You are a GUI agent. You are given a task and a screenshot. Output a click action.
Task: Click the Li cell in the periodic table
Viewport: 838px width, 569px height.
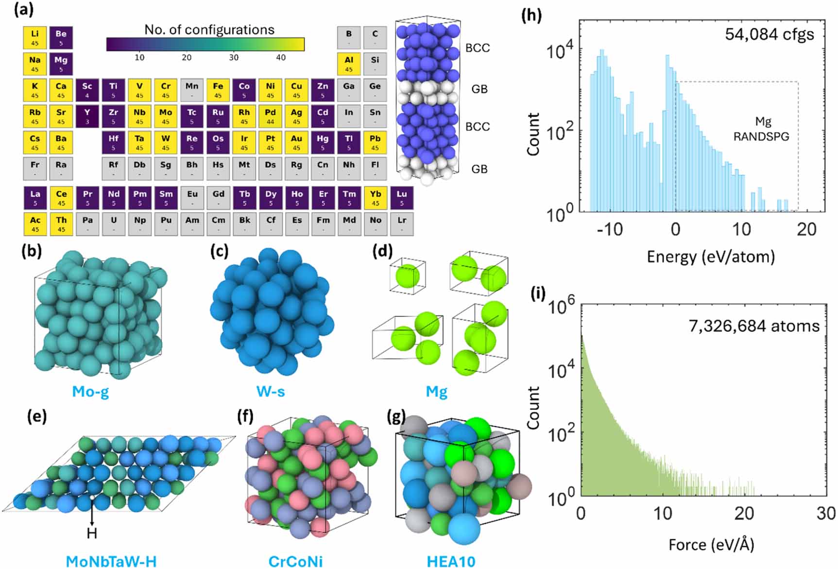[x=35, y=37]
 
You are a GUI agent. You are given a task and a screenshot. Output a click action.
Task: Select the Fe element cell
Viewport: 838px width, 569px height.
[x=218, y=90]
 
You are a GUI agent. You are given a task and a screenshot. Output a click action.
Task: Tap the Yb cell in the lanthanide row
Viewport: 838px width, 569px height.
[x=376, y=198]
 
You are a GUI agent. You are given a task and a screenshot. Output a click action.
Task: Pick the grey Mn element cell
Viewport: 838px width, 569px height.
[x=192, y=90]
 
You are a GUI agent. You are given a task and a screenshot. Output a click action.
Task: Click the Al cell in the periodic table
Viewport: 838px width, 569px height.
[x=349, y=64]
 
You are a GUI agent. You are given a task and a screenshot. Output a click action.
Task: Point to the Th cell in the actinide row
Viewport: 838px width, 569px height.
[x=61, y=224]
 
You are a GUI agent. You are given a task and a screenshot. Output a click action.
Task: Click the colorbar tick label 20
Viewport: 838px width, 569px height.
[x=187, y=58]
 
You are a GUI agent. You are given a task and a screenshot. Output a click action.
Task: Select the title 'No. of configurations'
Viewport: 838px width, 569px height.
[x=209, y=30]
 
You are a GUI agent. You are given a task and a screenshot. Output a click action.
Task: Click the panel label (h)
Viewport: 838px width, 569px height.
[x=531, y=15]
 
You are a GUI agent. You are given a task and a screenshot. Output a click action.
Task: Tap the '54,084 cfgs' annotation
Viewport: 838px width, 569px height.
[x=769, y=34]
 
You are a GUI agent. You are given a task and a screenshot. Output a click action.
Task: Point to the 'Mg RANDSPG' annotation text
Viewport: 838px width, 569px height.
[x=761, y=129]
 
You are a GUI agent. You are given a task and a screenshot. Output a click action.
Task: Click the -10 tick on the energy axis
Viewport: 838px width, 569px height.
[x=610, y=229]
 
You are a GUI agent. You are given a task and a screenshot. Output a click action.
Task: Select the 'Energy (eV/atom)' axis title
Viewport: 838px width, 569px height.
[x=711, y=256]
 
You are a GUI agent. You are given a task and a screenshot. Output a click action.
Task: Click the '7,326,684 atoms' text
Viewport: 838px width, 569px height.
[x=753, y=326]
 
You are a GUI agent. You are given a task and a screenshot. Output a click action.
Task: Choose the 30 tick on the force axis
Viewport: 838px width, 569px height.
[x=825, y=513]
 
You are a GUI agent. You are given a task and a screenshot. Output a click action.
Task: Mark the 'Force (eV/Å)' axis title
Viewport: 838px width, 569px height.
[x=711, y=545]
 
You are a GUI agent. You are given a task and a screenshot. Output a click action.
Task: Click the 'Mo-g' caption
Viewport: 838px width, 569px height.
[x=90, y=391]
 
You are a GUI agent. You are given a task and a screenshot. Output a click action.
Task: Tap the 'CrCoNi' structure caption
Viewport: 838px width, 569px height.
[x=295, y=561]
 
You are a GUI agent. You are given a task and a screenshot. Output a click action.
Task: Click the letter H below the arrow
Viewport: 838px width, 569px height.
[x=92, y=534]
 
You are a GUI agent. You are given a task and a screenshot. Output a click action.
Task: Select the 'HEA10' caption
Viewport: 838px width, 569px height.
[x=451, y=561]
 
